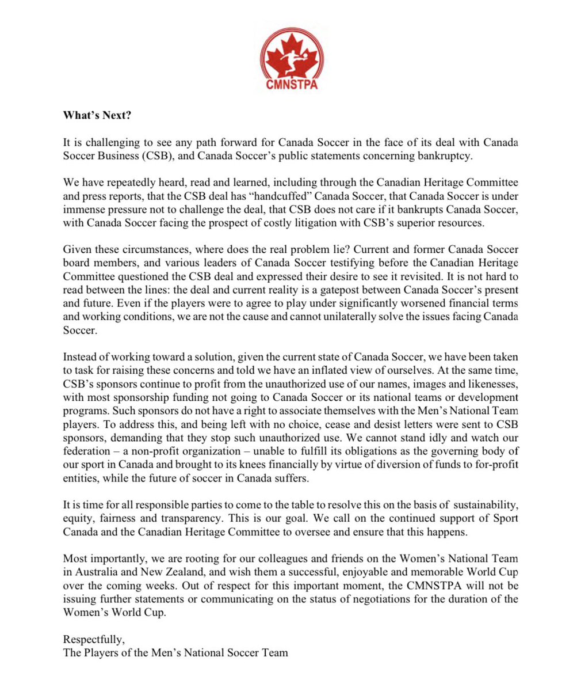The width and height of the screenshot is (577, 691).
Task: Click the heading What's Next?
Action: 97,115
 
